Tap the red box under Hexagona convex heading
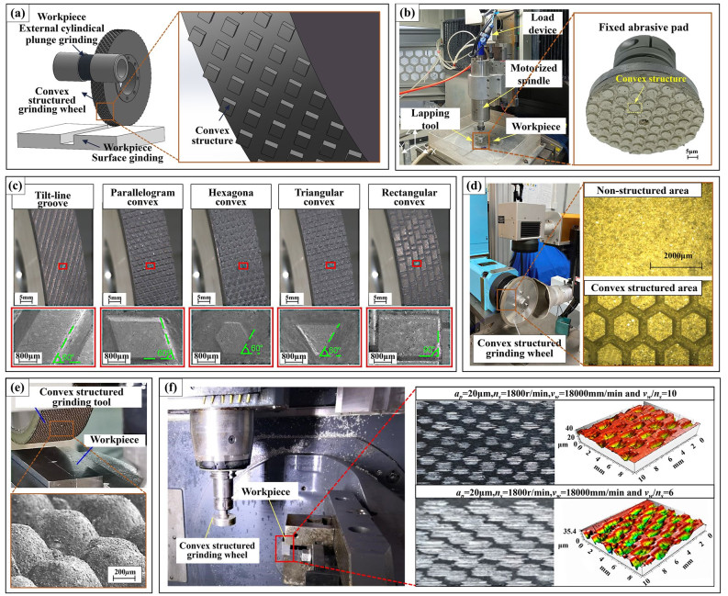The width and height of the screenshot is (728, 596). (241, 266)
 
